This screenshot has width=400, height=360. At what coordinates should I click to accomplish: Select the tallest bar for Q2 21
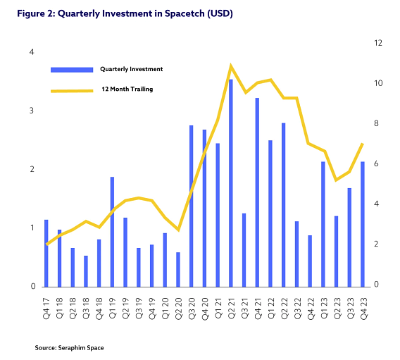230,183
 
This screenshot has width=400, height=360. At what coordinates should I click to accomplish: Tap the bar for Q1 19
112,232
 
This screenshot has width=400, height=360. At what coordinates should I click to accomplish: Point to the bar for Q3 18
86,271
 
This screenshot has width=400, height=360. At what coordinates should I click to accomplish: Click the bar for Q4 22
310,261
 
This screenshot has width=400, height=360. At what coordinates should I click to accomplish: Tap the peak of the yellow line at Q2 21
230,66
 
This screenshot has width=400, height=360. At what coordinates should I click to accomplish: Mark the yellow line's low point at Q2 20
178,230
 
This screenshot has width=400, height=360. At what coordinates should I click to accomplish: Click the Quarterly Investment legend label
132,69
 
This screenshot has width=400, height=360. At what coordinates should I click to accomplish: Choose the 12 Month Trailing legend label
127,89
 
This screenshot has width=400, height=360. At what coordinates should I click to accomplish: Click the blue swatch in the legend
71,69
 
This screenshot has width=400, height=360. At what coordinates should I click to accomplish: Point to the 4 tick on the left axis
32,52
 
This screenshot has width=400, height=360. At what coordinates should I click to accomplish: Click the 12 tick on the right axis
378,43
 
